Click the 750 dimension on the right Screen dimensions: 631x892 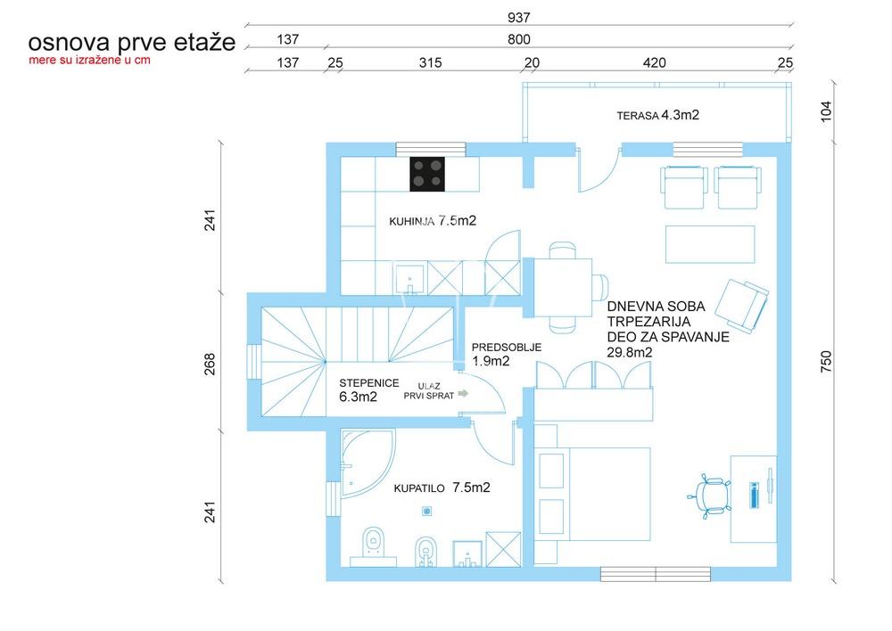click(x=826, y=362)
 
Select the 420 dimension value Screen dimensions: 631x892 click(x=654, y=62)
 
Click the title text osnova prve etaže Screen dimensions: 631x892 click(x=131, y=42)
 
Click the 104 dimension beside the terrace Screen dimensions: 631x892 click(x=826, y=112)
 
